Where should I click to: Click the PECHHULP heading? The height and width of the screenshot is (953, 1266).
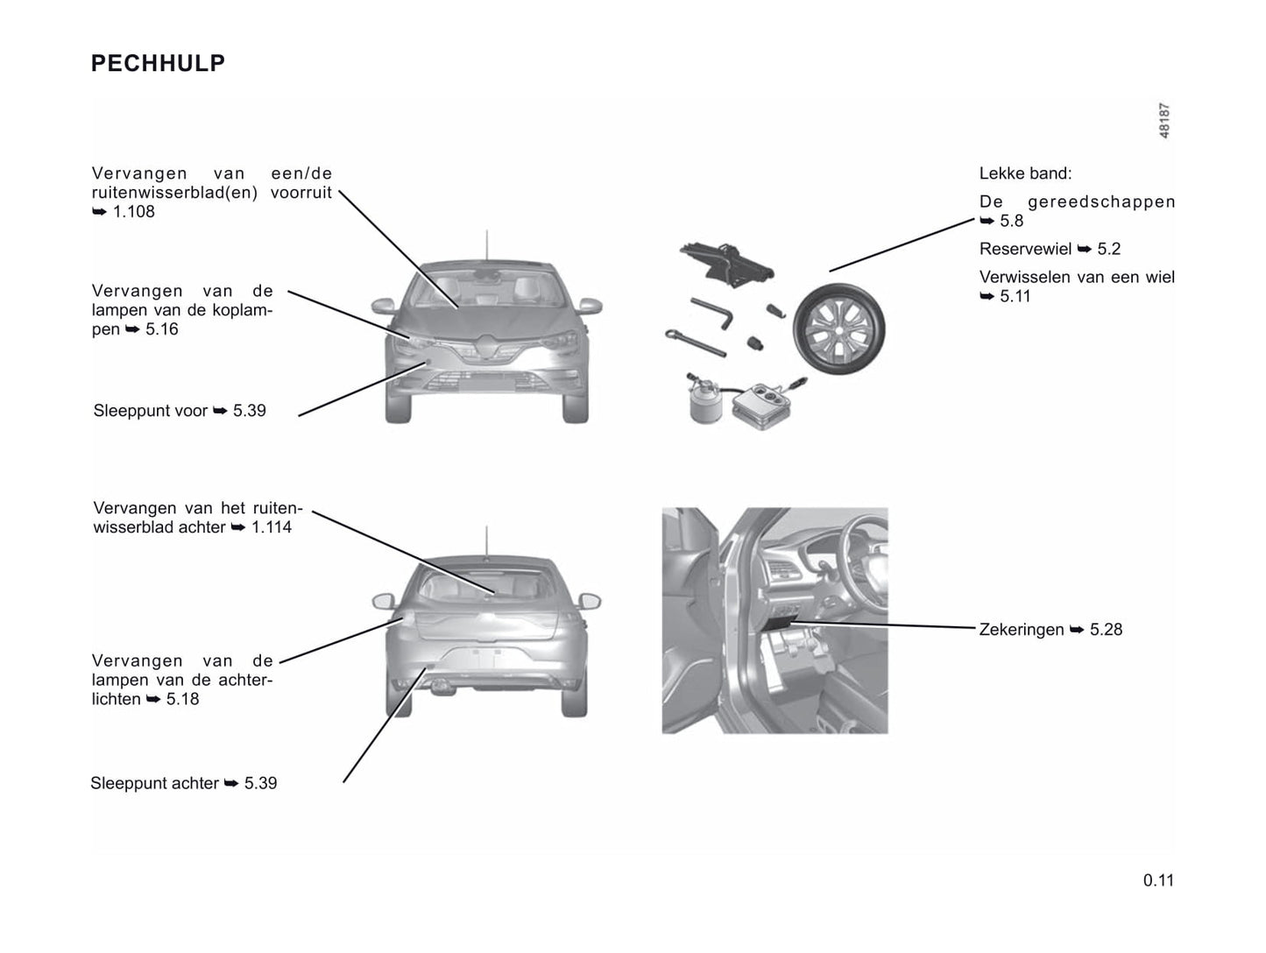[158, 63]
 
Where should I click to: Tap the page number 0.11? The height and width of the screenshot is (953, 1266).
[1157, 880]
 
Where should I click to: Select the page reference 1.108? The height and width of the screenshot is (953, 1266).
[133, 212]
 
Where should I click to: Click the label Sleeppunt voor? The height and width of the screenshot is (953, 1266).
[151, 411]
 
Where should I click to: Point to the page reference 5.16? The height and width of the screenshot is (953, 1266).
[161, 329]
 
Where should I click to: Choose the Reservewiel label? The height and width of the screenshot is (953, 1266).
[1025, 250]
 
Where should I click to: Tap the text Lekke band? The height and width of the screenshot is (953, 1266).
[1025, 174]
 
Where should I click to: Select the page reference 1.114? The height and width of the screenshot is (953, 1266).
[271, 527]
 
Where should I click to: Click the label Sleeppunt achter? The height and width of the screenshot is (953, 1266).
[154, 783]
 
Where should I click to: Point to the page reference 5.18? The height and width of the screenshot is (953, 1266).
[182, 699]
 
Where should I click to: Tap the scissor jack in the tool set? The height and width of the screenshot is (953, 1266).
[727, 261]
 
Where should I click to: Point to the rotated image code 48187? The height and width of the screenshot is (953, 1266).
[1164, 121]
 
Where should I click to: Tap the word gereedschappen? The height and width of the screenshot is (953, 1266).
[1101, 202]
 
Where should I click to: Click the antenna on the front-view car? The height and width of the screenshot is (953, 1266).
[485, 245]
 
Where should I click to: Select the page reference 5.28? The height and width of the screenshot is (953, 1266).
[1106, 630]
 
